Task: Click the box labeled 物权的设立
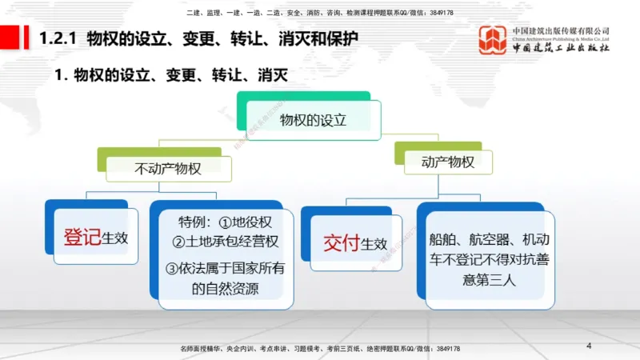tap(313, 120)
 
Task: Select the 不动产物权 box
tap(167, 168)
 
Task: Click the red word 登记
tap(82, 238)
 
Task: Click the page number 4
tap(589, 346)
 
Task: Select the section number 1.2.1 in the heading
tap(58, 38)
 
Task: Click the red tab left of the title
tap(11, 37)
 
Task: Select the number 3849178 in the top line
tap(439, 14)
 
